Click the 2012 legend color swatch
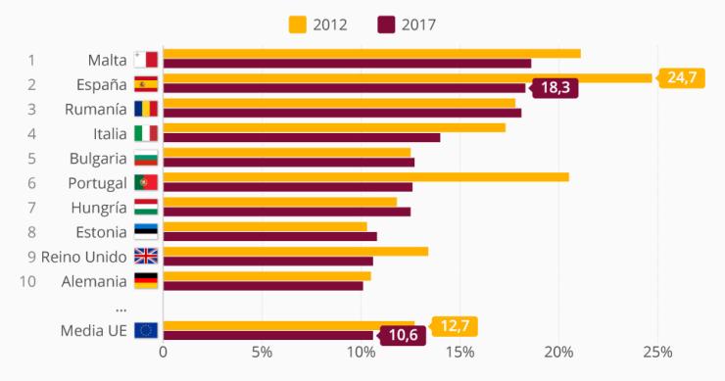point(298,24)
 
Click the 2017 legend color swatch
point(386,24)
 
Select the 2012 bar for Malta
point(371,53)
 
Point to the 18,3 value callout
point(555,88)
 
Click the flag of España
point(145,84)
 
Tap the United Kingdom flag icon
point(145,257)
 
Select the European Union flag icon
point(145,330)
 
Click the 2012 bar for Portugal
point(365,177)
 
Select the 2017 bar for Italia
point(301,137)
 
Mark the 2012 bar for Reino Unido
point(295,251)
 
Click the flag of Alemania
point(145,281)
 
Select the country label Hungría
point(99,208)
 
